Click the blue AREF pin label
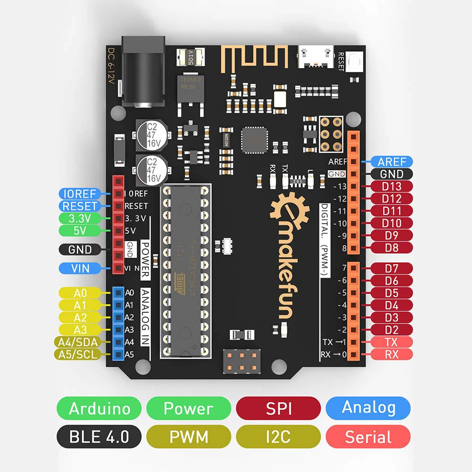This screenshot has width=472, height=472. pyautogui.click(x=392, y=162)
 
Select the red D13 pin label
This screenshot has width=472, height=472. pyautogui.click(x=392, y=186)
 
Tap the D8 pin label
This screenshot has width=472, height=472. pyautogui.click(x=392, y=247)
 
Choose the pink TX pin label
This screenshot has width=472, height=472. pyautogui.click(x=392, y=342)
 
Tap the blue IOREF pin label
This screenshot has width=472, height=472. pyautogui.click(x=79, y=194)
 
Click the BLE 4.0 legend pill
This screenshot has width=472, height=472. pyautogui.click(x=99, y=437)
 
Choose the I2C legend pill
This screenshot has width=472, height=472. pyautogui.click(x=278, y=437)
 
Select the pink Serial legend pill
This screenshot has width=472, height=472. pyautogui.click(x=368, y=437)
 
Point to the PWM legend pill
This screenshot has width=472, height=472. pyautogui.click(x=189, y=437)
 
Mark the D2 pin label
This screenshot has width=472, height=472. pyautogui.click(x=392, y=329)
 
